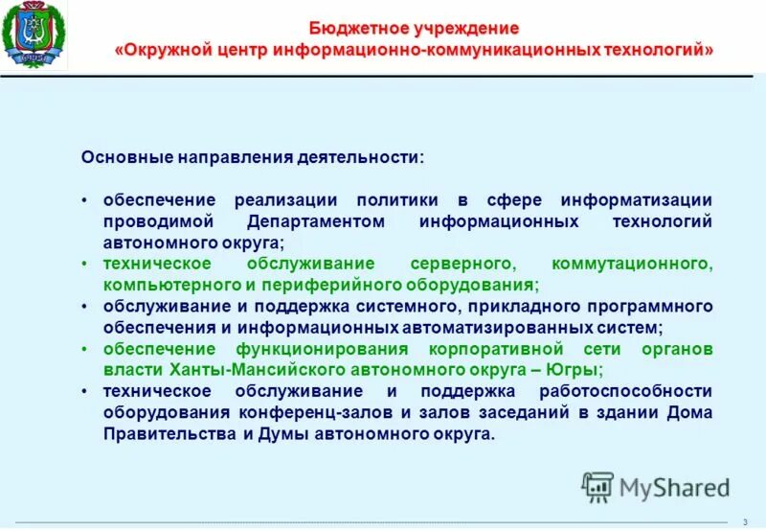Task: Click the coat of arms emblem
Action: [x=34, y=36]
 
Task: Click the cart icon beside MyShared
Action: [x=597, y=486]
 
